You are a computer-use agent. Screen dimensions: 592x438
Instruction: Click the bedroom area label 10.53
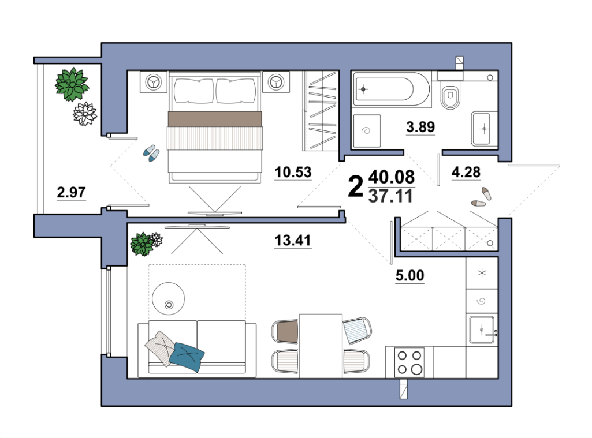tap(293, 172)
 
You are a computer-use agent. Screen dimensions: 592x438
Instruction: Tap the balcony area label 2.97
tap(71, 192)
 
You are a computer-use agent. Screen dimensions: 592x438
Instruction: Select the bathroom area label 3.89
tap(420, 127)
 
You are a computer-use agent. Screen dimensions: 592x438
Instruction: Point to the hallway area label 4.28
tap(466, 172)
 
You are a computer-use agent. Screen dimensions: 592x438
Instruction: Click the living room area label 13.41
tap(293, 240)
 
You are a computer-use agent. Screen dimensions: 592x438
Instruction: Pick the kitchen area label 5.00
tap(409, 275)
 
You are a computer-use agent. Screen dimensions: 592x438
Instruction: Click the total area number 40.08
tap(392, 177)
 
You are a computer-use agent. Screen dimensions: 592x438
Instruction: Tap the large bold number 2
tap(355, 186)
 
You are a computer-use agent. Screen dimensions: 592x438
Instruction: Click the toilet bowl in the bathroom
tap(450, 95)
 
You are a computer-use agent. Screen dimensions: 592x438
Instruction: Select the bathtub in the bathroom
tap(392, 89)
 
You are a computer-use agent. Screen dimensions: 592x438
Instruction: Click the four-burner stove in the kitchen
tap(409, 362)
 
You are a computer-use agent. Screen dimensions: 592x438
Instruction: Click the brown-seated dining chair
tap(285, 331)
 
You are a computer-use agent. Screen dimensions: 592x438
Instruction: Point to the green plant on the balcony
tap(72, 84)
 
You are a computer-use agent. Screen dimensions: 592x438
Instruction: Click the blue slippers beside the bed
tap(151, 153)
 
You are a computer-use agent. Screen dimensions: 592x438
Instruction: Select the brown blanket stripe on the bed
tap(214, 119)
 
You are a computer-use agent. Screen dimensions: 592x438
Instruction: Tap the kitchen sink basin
tap(482, 330)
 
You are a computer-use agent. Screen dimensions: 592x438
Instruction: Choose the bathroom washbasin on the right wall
tap(481, 129)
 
